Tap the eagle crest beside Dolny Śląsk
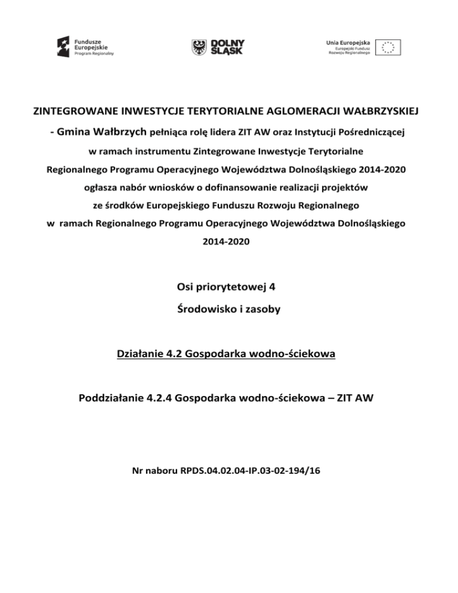click(199, 46)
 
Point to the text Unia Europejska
click(349, 42)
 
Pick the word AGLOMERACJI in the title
click(289, 111)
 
